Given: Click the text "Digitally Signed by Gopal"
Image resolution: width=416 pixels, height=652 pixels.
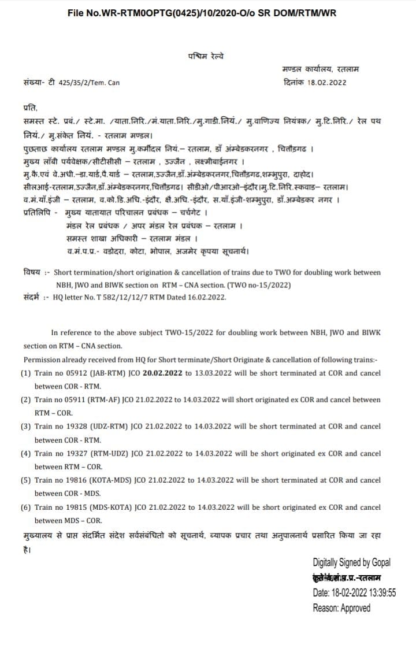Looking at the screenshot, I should (351, 562).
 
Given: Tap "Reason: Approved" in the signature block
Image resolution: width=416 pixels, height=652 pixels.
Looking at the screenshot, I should (341, 607).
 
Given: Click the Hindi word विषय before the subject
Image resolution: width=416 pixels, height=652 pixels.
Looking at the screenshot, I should (31, 272).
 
